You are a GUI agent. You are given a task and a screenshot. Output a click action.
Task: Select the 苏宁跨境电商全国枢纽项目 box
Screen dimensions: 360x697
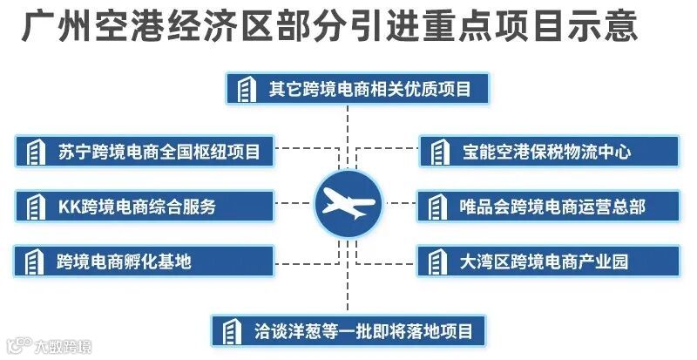pos(145,152)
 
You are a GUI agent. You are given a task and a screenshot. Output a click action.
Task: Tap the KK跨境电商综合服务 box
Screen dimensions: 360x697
pos(145,207)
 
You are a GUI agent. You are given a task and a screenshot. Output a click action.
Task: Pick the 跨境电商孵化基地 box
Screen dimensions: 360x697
pos(145,261)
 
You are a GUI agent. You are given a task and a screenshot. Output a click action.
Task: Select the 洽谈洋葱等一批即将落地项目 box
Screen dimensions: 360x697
pos(348,331)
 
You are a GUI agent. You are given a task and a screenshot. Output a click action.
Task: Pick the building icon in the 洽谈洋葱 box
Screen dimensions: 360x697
pos(232,331)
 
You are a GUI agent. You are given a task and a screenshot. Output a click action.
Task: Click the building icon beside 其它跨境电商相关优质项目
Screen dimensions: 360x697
pos(247,89)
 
